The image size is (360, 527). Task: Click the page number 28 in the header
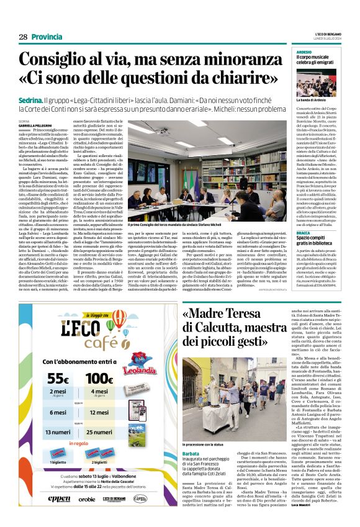coord(22,37)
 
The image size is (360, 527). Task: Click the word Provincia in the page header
coord(47,37)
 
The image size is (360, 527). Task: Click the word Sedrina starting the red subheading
coord(32,99)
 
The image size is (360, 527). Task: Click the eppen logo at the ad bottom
coord(60,516)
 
